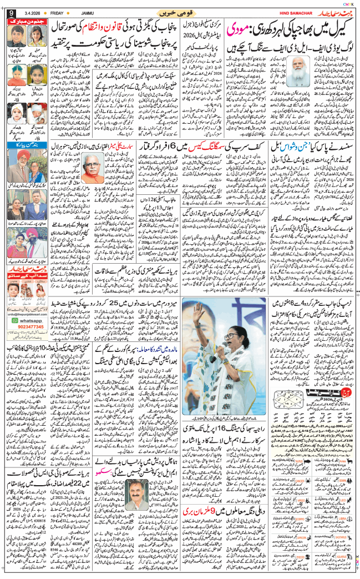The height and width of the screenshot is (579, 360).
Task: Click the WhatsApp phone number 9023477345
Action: pyautogui.click(x=25, y=344)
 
